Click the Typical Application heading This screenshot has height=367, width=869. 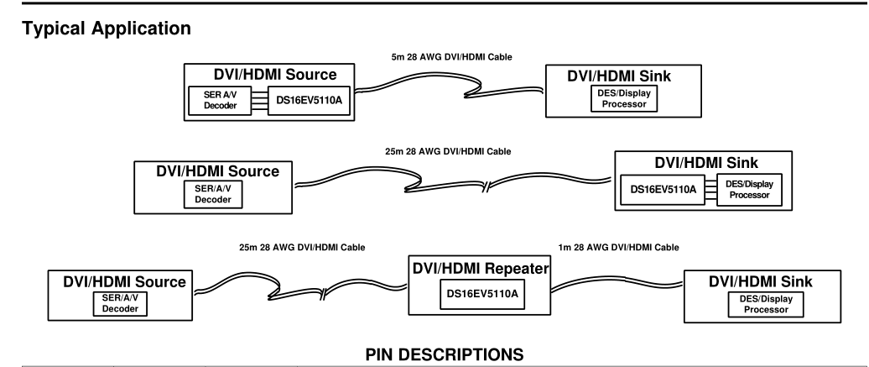tap(107, 29)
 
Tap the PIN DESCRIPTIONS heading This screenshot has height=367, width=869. tap(444, 354)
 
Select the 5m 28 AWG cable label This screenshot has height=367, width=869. tap(451, 57)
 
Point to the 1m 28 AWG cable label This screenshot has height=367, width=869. tap(618, 248)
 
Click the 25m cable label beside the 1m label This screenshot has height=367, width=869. tap(302, 248)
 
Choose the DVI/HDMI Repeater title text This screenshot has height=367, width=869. tap(481, 268)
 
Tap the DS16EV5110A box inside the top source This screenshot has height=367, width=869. tap(310, 101)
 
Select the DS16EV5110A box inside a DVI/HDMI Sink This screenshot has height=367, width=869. tap(663, 190)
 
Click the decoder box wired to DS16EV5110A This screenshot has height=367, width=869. tap(220, 101)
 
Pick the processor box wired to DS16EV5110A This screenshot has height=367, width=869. tap(749, 190)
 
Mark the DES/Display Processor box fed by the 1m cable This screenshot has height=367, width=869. tap(765, 304)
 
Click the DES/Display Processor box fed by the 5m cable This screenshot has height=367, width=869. tap(624, 99)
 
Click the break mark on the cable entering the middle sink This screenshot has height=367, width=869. tap(486, 186)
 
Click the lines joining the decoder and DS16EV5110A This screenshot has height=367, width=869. tap(259, 101)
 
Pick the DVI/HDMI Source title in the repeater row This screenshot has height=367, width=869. tap(124, 282)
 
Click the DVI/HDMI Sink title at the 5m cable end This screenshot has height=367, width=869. tap(618, 76)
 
